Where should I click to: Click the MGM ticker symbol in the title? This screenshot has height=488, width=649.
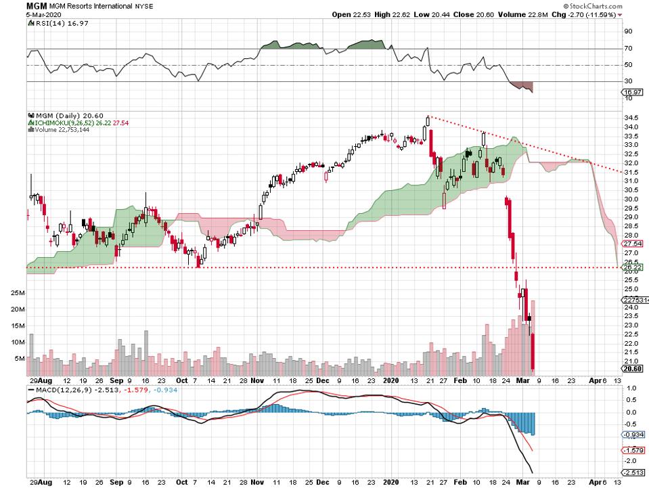click(13, 5)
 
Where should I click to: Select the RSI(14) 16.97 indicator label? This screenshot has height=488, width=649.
click(54, 23)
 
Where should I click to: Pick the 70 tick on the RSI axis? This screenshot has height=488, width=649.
click(628, 49)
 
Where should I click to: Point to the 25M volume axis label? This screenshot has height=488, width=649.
click(18, 293)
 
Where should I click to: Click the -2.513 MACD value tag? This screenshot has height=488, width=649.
click(634, 472)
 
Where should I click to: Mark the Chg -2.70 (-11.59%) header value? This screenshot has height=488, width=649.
click(594, 14)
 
